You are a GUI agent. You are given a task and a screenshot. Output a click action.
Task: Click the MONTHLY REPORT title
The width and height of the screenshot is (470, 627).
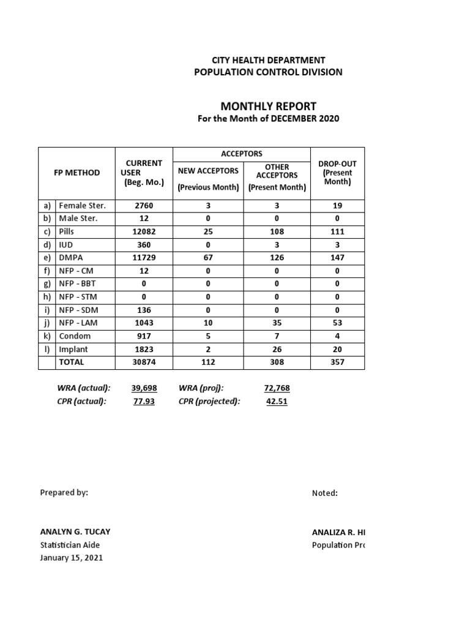pos(268,106)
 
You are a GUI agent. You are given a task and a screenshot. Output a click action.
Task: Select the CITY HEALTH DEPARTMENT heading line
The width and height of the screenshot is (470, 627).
pos(268,60)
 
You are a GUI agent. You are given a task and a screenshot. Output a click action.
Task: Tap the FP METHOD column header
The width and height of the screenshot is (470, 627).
pos(76,173)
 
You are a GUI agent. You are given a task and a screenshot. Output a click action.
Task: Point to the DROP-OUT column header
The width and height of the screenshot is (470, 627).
pos(337,173)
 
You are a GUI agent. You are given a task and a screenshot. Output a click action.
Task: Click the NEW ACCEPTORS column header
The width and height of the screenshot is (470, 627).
pos(208,171)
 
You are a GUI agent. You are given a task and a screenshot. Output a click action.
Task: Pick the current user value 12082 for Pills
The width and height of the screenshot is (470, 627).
pos(144,231)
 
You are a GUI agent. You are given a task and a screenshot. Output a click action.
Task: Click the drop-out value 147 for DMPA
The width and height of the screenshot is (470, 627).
pos(337,258)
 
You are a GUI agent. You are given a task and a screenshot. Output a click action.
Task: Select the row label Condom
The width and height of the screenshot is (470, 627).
pos(75,336)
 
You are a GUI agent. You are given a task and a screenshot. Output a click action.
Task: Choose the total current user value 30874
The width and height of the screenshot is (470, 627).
pos(144,362)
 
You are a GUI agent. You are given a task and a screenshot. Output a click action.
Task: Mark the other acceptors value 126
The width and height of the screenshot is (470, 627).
pos(277,258)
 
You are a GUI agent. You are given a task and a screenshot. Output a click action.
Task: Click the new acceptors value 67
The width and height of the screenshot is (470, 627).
pos(208,258)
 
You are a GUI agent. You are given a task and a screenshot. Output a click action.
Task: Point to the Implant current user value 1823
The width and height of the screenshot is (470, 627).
pos(144,349)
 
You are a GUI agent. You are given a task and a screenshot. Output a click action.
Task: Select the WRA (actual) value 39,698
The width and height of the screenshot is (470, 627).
pos(144,388)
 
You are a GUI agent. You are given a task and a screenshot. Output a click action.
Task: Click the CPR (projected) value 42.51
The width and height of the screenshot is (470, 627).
pos(277,401)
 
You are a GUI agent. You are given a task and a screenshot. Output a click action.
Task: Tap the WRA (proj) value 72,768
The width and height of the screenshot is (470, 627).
pos(277,388)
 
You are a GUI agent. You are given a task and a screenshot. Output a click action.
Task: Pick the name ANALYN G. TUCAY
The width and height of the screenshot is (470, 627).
pos(75,531)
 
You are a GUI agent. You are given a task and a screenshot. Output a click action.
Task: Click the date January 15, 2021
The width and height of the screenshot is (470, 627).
pos(72,558)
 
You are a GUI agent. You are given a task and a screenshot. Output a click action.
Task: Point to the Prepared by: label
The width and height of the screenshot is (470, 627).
pos(64,492)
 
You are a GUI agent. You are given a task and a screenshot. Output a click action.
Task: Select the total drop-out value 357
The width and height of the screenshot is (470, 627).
pos(337,362)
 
